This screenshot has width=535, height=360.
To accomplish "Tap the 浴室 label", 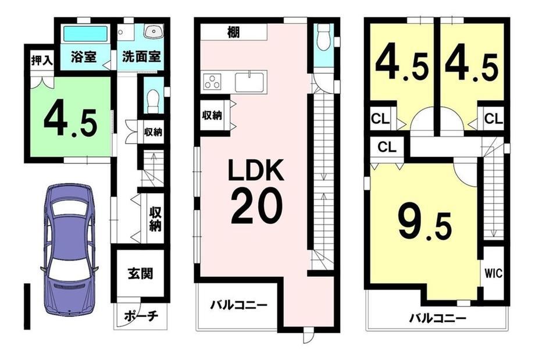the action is (84, 56).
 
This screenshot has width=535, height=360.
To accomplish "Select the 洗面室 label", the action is (141, 56).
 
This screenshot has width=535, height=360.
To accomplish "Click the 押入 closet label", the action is (42, 60).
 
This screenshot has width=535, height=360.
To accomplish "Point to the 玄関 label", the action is (140, 274).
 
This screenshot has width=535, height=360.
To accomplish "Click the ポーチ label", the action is (141, 316).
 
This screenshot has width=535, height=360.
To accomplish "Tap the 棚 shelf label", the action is (234, 33).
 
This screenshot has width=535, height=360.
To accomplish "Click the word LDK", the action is (256, 170).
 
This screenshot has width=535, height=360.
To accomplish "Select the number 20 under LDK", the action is (256, 206).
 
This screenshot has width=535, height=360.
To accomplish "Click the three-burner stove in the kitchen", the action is (212, 82).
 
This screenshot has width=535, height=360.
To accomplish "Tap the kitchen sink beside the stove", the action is (251, 82).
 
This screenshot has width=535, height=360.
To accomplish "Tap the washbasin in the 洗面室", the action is (154, 32).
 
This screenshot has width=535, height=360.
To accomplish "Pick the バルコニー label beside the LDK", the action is (238, 304).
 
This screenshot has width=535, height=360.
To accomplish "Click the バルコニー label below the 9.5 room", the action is (438, 319).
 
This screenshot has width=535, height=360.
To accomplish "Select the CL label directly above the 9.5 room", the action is (387, 147).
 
